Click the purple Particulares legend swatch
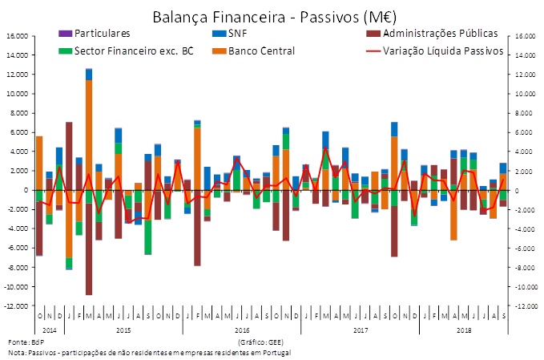click(x=64, y=34)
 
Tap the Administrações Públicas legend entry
click(x=441, y=34)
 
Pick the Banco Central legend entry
click(x=262, y=51)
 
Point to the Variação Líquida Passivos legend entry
click(x=443, y=51)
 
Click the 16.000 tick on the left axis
click(x=18, y=36)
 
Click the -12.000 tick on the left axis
click(x=17, y=306)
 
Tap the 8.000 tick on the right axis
click(x=524, y=113)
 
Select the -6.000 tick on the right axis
click(x=525, y=249)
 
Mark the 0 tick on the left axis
click(x=25, y=191)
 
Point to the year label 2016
click(x=242, y=329)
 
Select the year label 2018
click(x=464, y=329)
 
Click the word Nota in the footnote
click(x=18, y=352)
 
